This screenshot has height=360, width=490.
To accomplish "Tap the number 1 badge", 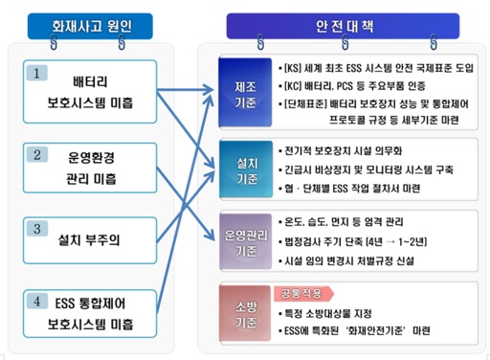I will pyautogui.click(x=36, y=72).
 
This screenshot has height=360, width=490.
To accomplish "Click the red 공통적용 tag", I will pyautogui.click(x=293, y=293).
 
